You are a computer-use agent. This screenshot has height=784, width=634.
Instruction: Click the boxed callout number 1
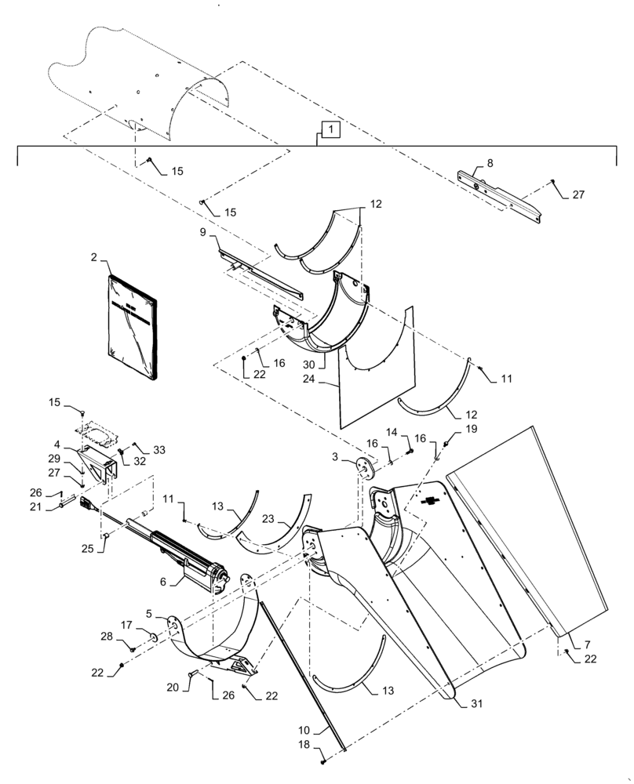click(330, 129)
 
